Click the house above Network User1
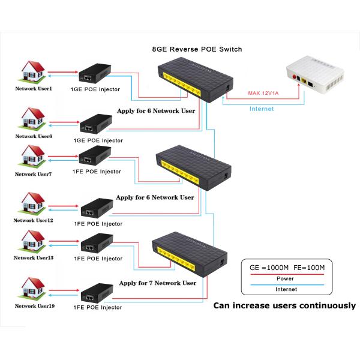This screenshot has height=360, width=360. pyautogui.click(x=32, y=71)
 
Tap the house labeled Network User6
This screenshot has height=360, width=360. pyautogui.click(x=32, y=118)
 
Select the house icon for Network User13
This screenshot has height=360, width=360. pyautogui.click(x=32, y=242)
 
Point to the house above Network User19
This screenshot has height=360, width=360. pyautogui.click(x=32, y=289)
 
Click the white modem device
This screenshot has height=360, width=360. pyautogui.click(x=315, y=76)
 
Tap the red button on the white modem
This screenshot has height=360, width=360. pyautogui.click(x=294, y=76)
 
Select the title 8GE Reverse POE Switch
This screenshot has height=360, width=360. pyautogui.click(x=197, y=49)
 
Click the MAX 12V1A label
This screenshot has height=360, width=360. pyautogui.click(x=263, y=93)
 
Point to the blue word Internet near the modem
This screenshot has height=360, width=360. pyautogui.click(x=262, y=109)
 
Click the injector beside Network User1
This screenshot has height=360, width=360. pyautogui.click(x=95, y=73)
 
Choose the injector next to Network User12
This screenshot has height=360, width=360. pyautogui.click(x=97, y=208)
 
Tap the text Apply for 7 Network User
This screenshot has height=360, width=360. pyautogui.click(x=158, y=283)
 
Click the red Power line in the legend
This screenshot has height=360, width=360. pyautogui.click(x=287, y=274)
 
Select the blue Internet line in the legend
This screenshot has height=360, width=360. pyautogui.click(x=287, y=285)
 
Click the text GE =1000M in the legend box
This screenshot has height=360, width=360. pyautogui.click(x=269, y=268)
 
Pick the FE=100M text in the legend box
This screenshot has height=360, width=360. pyautogui.click(x=309, y=268)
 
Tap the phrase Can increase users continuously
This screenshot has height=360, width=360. pyautogui.click(x=284, y=305)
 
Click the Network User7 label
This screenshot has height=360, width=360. pyautogui.click(x=33, y=174)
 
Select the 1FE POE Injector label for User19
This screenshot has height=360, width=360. pyautogui.click(x=98, y=307)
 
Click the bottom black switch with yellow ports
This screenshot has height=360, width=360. pyautogui.click(x=190, y=254)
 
